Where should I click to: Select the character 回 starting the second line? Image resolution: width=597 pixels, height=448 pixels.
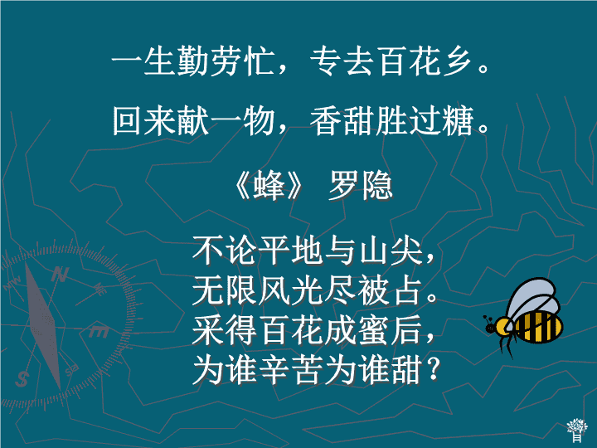(x=127, y=120)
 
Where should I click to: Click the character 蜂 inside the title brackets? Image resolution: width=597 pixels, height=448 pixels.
(x=269, y=186)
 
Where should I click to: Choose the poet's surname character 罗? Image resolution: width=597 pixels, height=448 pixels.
(x=344, y=186)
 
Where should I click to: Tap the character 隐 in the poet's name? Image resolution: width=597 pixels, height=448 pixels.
(x=377, y=186)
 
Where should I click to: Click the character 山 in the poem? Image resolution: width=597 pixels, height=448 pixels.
(x=375, y=251)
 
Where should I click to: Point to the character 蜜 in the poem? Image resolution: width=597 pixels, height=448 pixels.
(x=375, y=330)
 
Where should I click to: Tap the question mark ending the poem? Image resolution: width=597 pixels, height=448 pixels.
(x=434, y=368)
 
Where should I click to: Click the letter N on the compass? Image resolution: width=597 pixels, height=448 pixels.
(x=60, y=274)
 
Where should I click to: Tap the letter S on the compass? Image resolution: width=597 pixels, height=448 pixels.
(x=22, y=378)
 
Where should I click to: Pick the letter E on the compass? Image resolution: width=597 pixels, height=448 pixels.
(x=99, y=331)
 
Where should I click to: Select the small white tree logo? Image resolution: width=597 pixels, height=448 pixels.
(x=577, y=430)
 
